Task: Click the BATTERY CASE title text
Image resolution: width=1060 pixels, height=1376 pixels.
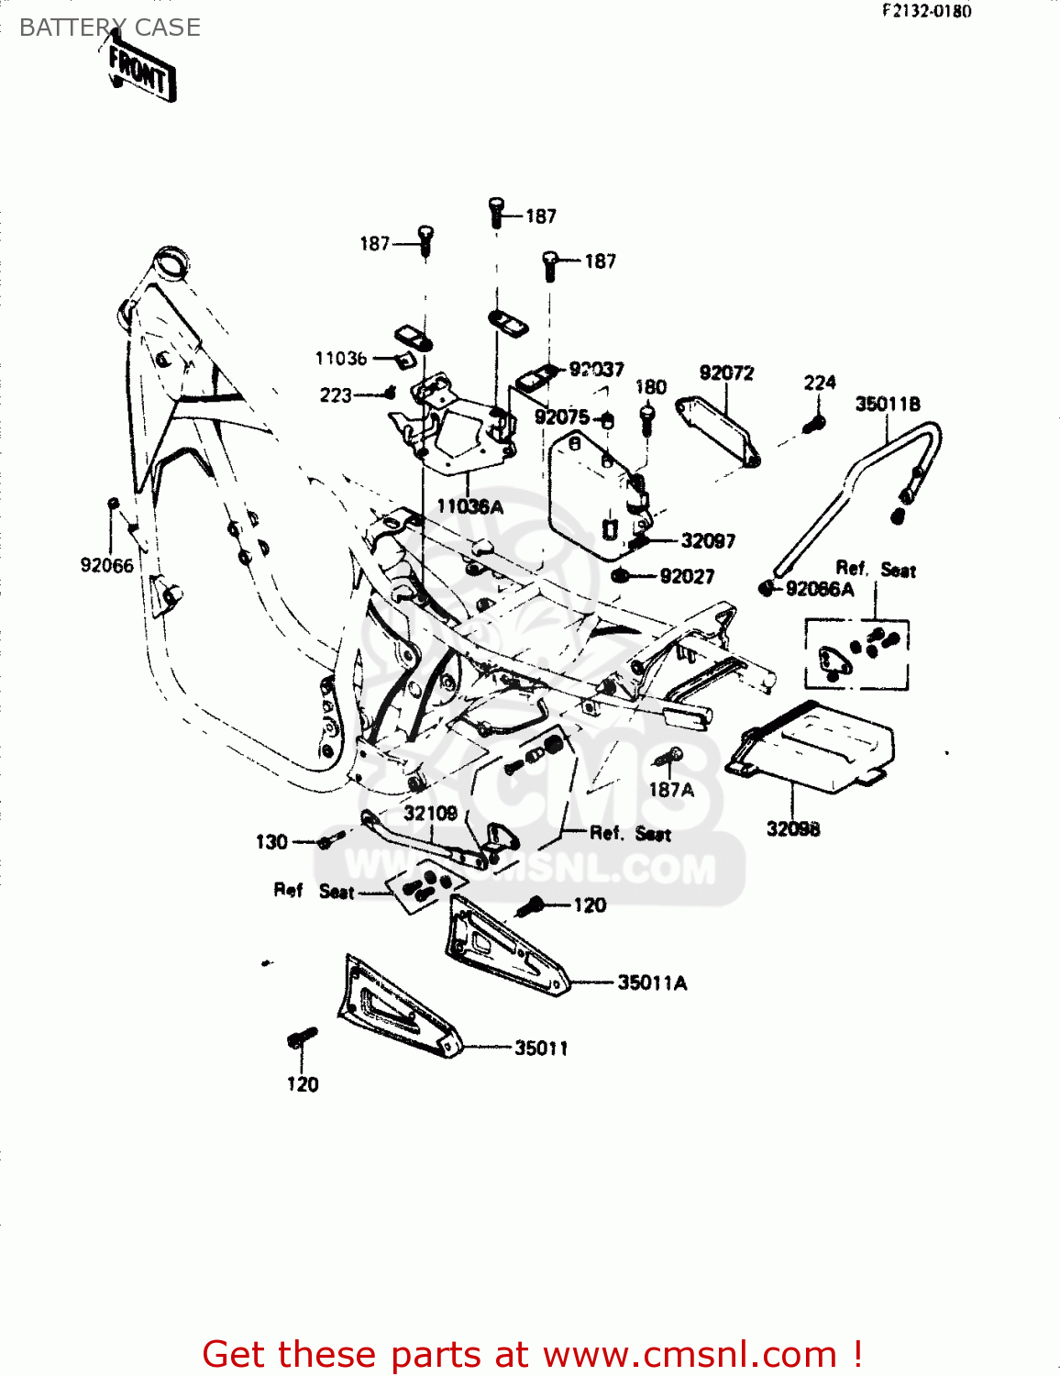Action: coord(109,28)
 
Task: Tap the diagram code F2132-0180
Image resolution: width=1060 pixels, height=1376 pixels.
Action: coord(926,11)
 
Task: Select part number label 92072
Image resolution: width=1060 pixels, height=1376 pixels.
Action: coord(726,372)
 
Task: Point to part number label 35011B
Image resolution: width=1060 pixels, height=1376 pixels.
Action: coord(888,404)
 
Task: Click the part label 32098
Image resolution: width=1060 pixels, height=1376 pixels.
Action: coord(793,829)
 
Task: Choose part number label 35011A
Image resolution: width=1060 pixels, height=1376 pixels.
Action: coord(652,983)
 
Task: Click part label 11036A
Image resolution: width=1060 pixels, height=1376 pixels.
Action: coord(469,506)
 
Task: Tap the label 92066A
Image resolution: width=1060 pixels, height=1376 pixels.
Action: coord(820,589)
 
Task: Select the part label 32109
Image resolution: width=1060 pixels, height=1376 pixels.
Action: coord(430,813)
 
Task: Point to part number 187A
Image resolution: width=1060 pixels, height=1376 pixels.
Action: coord(671,790)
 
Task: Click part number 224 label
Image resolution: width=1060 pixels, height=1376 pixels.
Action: coord(820,383)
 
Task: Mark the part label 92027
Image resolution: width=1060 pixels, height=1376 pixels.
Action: coord(687,576)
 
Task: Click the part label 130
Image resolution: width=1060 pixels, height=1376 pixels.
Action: coord(271,842)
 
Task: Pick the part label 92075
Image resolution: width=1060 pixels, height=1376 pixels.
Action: coord(562,417)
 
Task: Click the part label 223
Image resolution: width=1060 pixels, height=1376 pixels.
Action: coord(336,395)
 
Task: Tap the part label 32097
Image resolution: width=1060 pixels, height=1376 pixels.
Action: coord(708,541)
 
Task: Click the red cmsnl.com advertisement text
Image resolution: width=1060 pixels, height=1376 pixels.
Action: coord(532,1354)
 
